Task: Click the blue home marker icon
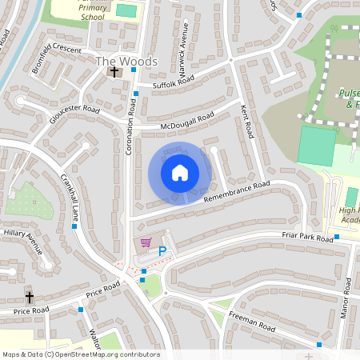[x=180, y=173]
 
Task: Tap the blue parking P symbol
[x=162, y=251]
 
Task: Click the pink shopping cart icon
[x=145, y=242]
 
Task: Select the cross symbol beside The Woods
[x=114, y=73]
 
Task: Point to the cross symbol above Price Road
[x=30, y=294]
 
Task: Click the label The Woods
[x=126, y=61]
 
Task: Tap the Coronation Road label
[x=128, y=128]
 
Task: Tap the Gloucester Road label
[x=73, y=119]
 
